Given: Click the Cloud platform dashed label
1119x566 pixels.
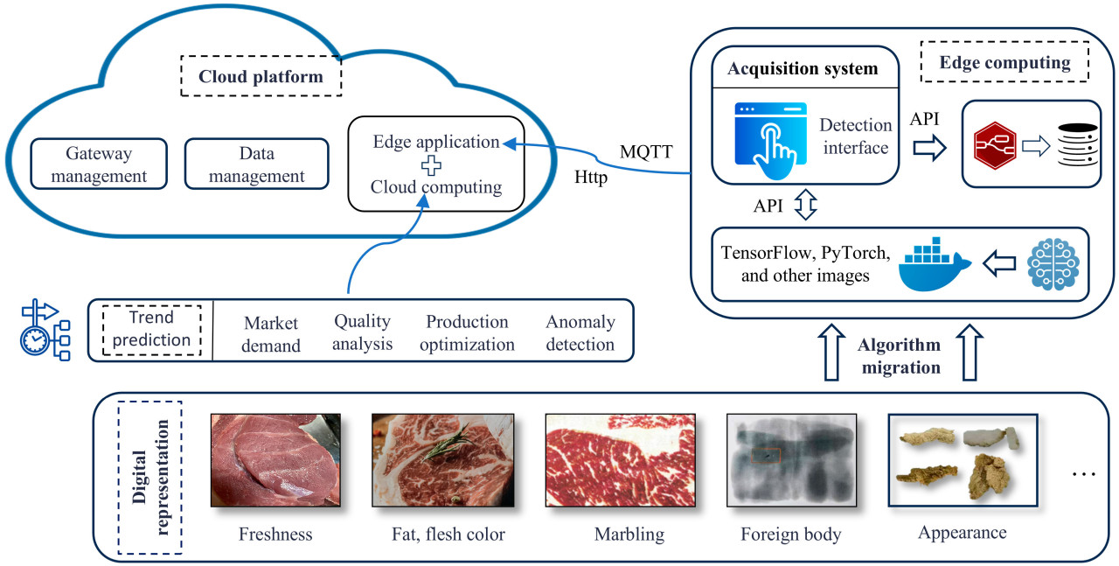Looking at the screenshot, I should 261,77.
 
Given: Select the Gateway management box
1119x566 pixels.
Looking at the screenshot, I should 99,164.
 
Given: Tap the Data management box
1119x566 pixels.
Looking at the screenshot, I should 256,164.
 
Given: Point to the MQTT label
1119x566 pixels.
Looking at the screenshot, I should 646,151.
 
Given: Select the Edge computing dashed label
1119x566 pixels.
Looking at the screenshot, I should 1004,62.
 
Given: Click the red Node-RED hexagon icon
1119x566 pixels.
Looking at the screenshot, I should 996,145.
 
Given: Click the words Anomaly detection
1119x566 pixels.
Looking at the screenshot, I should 580,333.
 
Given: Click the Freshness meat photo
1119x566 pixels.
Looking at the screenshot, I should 275,460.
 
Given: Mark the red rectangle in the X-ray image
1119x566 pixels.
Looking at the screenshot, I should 766,456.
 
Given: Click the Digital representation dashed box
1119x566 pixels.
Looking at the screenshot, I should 149,477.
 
